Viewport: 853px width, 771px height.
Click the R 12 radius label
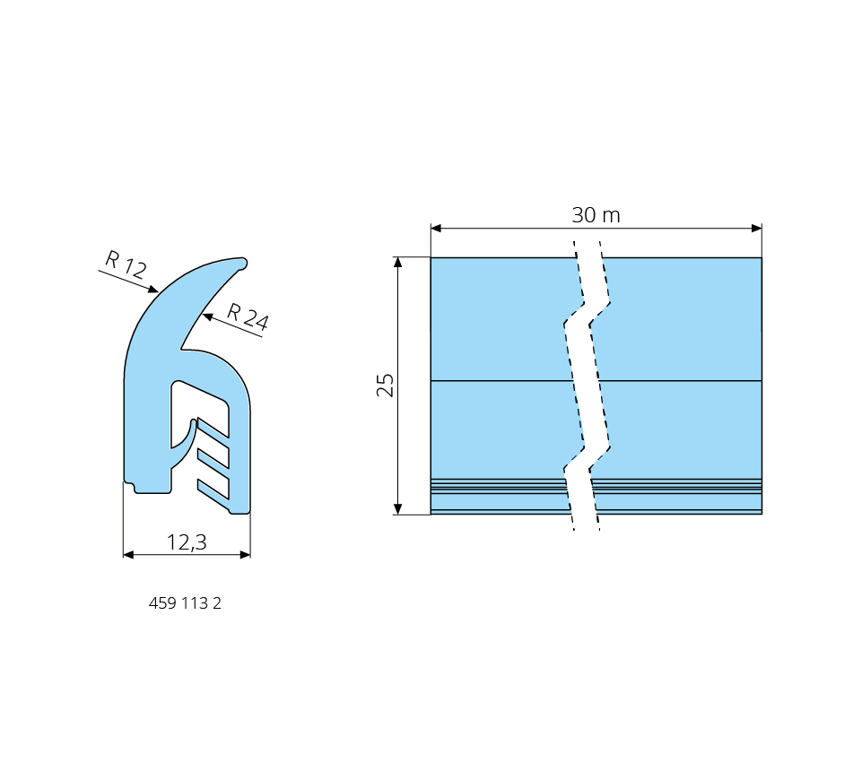(x=126, y=264)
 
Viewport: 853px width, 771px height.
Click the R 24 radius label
(x=248, y=316)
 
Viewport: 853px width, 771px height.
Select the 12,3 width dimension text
(x=187, y=542)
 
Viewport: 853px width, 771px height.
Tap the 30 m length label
(x=596, y=215)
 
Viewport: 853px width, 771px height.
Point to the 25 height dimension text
(x=385, y=385)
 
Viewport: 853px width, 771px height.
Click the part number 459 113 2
(x=185, y=603)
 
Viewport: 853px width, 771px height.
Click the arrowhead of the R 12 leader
(x=153, y=290)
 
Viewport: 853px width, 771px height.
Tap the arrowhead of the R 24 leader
(x=207, y=316)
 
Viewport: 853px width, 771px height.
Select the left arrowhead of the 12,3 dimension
(x=128, y=555)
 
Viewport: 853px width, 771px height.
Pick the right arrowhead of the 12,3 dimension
(x=246, y=555)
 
